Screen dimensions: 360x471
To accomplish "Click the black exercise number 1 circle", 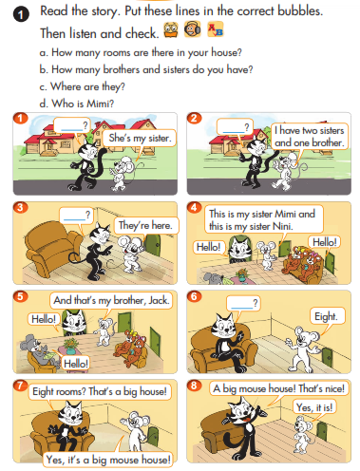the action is tap(21, 14).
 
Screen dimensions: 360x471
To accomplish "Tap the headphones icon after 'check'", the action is tap(192, 29).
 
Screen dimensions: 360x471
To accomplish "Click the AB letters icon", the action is tap(216, 29).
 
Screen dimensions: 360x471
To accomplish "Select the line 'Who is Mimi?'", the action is tap(77, 104).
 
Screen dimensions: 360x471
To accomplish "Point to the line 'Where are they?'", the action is tap(83, 86).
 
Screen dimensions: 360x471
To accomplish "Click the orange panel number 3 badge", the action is tap(20, 208).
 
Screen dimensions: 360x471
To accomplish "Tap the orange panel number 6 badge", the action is tap(194, 296).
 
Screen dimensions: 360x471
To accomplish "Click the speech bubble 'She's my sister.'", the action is tap(140, 139).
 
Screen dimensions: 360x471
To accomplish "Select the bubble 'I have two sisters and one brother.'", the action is tap(309, 137).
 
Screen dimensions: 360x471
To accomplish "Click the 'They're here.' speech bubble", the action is tap(146, 225).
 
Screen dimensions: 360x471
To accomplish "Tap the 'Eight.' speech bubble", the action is tap(327, 316).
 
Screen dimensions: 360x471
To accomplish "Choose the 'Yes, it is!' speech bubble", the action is tap(314, 407).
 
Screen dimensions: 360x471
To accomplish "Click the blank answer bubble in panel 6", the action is tap(243, 304).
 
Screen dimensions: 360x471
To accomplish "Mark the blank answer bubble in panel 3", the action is tap(76, 216).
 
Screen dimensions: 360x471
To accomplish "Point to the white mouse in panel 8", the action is tap(303, 435).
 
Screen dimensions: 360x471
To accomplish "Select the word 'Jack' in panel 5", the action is tap(159, 300).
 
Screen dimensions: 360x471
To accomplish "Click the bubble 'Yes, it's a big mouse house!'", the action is tap(108, 460).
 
